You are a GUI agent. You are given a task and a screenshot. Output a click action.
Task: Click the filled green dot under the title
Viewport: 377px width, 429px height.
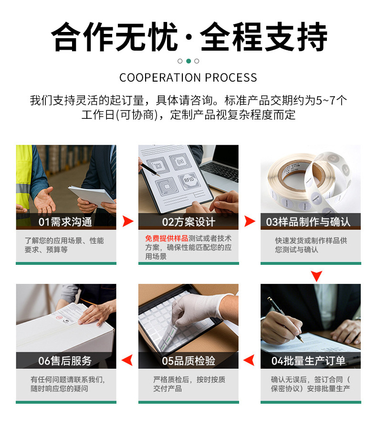[x=188, y=61]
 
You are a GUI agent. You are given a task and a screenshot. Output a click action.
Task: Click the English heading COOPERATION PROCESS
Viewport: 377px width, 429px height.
[x=188, y=78]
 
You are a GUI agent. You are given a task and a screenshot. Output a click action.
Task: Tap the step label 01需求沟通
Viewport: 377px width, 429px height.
[x=65, y=222]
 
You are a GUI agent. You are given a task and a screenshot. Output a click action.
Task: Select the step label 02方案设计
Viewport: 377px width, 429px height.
[x=188, y=222]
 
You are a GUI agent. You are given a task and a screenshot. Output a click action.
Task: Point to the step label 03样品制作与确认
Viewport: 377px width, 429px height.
[x=308, y=222]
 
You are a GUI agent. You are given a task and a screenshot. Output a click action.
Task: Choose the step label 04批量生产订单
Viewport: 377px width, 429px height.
[x=308, y=361]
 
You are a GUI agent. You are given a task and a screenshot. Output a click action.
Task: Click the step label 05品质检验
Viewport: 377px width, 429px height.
[x=188, y=361]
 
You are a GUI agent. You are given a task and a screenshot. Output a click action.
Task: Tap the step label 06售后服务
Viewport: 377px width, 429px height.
[x=65, y=361]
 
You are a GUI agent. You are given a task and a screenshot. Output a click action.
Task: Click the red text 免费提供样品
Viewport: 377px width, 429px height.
[x=167, y=238]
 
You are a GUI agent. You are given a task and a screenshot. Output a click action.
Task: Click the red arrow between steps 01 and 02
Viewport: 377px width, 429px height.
[x=127, y=221]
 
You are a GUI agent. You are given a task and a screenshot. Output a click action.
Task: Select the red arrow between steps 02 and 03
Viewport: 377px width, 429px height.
[x=249, y=221]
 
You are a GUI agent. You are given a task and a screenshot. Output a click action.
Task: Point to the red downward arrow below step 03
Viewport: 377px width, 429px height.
[x=316, y=276]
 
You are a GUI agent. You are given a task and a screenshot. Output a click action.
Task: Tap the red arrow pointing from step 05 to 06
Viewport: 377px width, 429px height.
[x=127, y=360]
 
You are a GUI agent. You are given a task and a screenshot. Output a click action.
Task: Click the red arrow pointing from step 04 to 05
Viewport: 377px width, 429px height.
[x=249, y=360]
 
